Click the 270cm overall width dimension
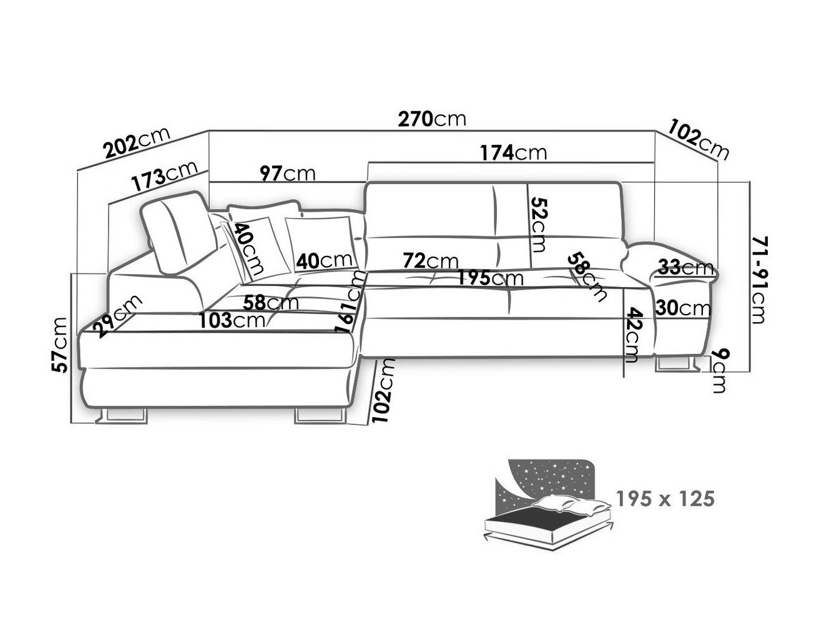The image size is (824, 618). pos(432,119)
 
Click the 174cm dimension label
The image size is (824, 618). pos(513,152)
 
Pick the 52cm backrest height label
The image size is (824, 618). pos(538,223)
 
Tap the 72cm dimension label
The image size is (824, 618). pos(430,260)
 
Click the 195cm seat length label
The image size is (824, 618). pos(489,278)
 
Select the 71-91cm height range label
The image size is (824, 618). pos(757,281)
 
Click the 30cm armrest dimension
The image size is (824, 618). pos(684,308)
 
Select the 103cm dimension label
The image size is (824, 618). pos(231,320)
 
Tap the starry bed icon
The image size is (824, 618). pos(547,499)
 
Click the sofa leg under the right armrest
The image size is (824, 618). pos(677,365)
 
